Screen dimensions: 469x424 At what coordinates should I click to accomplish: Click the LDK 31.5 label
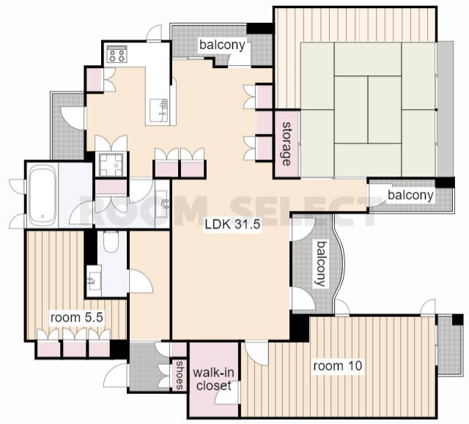point(232,224)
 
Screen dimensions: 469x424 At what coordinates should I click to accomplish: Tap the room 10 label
point(338,365)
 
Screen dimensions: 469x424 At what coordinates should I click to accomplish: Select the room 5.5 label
point(76,317)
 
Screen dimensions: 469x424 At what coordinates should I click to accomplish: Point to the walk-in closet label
point(213,379)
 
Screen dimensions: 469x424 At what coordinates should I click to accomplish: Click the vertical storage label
point(287,144)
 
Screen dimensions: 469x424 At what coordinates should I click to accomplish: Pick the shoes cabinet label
point(179,375)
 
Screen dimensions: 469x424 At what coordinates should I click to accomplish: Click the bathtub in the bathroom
point(43,196)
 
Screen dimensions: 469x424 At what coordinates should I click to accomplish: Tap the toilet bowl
point(111,242)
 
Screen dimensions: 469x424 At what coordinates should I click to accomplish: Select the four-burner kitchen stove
point(117,54)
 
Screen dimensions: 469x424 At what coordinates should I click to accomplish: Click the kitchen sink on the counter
point(158,111)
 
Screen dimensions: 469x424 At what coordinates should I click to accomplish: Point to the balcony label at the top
point(222,45)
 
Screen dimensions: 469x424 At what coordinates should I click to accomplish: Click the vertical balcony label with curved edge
point(321,264)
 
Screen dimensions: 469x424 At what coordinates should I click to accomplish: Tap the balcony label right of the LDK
point(410,195)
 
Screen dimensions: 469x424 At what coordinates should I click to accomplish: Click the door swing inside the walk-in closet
point(228,393)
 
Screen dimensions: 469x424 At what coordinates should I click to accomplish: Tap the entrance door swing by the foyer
point(116,375)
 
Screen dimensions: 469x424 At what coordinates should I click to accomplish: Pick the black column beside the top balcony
point(259,28)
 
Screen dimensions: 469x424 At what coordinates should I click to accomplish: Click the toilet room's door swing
point(141,281)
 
